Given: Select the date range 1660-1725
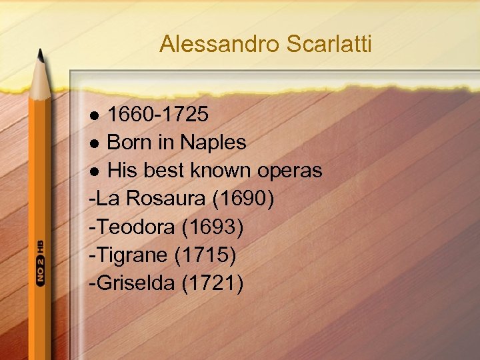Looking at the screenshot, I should (x=158, y=115).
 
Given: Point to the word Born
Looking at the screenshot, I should (x=129, y=142).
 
